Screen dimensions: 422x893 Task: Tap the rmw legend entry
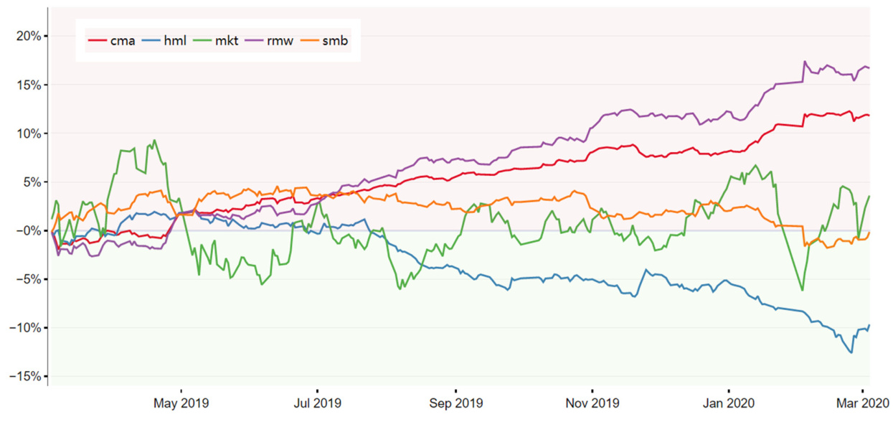point(276,41)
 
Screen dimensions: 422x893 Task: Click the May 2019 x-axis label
point(180,404)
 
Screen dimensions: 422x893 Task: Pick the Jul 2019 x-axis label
point(317,404)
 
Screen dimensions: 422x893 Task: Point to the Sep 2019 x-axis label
point(455,404)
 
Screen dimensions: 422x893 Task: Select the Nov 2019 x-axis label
point(592,404)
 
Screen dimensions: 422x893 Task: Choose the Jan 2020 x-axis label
point(729,404)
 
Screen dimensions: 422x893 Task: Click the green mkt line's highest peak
point(154,140)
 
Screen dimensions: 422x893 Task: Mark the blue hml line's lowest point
point(851,352)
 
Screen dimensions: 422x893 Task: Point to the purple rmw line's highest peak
point(805,62)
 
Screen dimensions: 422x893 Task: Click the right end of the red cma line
point(869,115)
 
